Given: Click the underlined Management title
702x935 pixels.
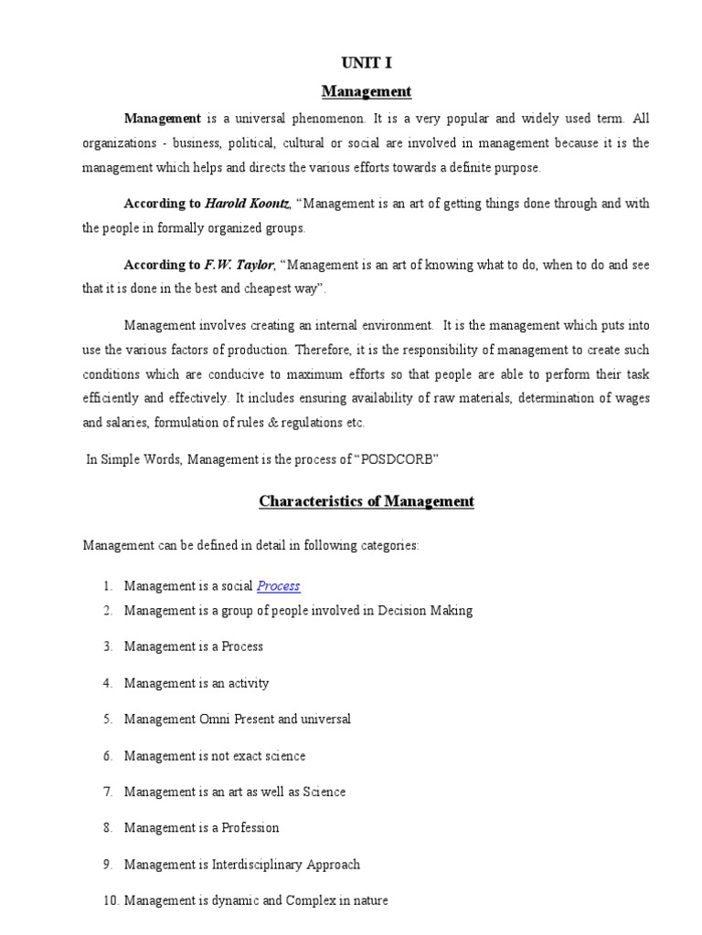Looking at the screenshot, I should pyautogui.click(x=367, y=91).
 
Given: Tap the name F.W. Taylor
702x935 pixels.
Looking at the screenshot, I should pyautogui.click(x=239, y=265).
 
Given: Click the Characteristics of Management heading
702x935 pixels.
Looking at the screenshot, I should pyautogui.click(x=367, y=501).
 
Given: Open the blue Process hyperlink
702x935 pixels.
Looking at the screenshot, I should pyautogui.click(x=279, y=586).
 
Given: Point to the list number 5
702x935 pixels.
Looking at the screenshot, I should pyautogui.click(x=107, y=720).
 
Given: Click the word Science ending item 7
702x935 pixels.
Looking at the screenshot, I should pyautogui.click(x=324, y=793).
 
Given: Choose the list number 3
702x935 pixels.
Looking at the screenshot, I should pyautogui.click(x=107, y=646).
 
